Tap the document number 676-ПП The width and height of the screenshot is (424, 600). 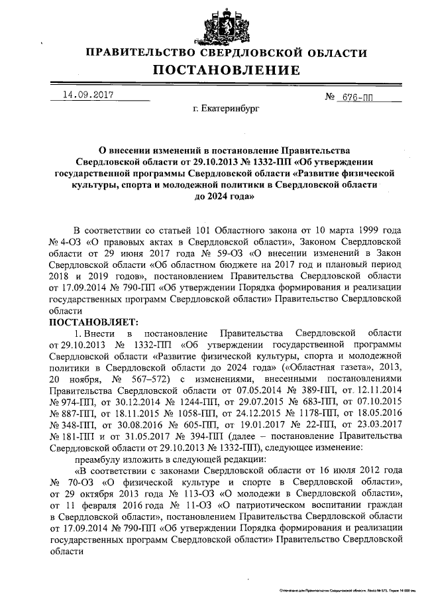[x=355, y=97]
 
